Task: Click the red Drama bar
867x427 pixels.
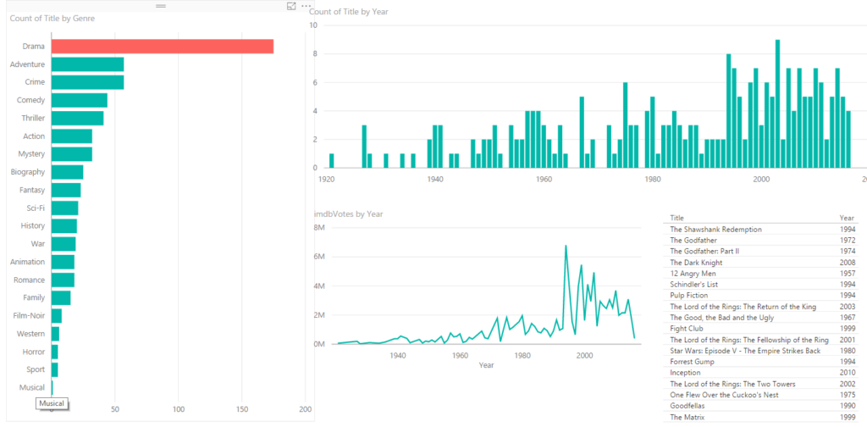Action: coord(162,47)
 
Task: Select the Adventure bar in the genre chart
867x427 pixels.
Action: coord(87,64)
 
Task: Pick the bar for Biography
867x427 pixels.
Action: coord(67,172)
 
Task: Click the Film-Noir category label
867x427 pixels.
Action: coord(29,316)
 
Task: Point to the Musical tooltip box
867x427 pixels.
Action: coord(52,404)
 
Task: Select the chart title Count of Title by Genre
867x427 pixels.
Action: coord(52,18)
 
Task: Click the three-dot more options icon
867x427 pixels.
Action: coord(306,7)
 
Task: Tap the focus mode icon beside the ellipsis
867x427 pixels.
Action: coord(291,7)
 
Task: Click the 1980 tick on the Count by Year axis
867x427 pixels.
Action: coord(653,180)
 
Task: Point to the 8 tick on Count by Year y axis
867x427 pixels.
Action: coord(314,54)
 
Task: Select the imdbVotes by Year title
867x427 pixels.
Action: coord(350,214)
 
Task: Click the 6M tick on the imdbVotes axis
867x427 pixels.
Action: coord(320,257)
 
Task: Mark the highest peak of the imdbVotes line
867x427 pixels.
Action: coord(566,246)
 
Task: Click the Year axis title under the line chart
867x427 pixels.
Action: coord(486,365)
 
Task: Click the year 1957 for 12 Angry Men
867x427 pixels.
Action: coord(847,274)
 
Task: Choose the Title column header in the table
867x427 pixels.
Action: coord(676,218)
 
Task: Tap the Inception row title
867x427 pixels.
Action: coord(685,373)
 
